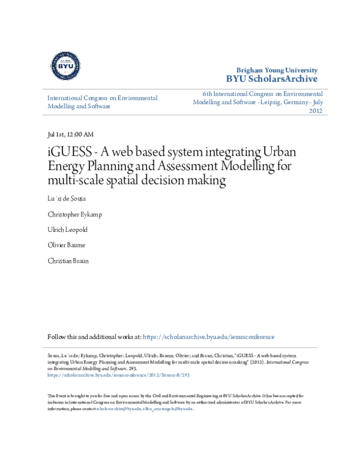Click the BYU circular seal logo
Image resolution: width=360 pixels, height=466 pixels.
[66, 67]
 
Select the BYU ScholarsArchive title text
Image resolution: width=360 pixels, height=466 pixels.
[271, 79]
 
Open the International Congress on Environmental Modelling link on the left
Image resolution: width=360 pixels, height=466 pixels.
[102, 102]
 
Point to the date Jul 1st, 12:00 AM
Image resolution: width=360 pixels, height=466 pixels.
[70, 135]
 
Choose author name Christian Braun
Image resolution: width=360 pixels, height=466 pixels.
[68, 261]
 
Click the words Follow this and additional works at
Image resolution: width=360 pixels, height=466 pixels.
[94, 337]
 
